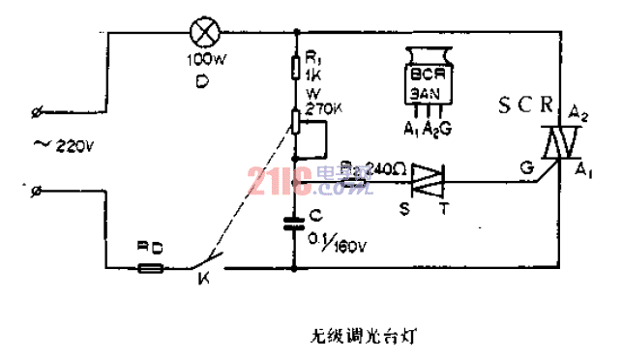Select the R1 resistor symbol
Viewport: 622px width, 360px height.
[x=298, y=68]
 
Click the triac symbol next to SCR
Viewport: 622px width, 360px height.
[x=554, y=146]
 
